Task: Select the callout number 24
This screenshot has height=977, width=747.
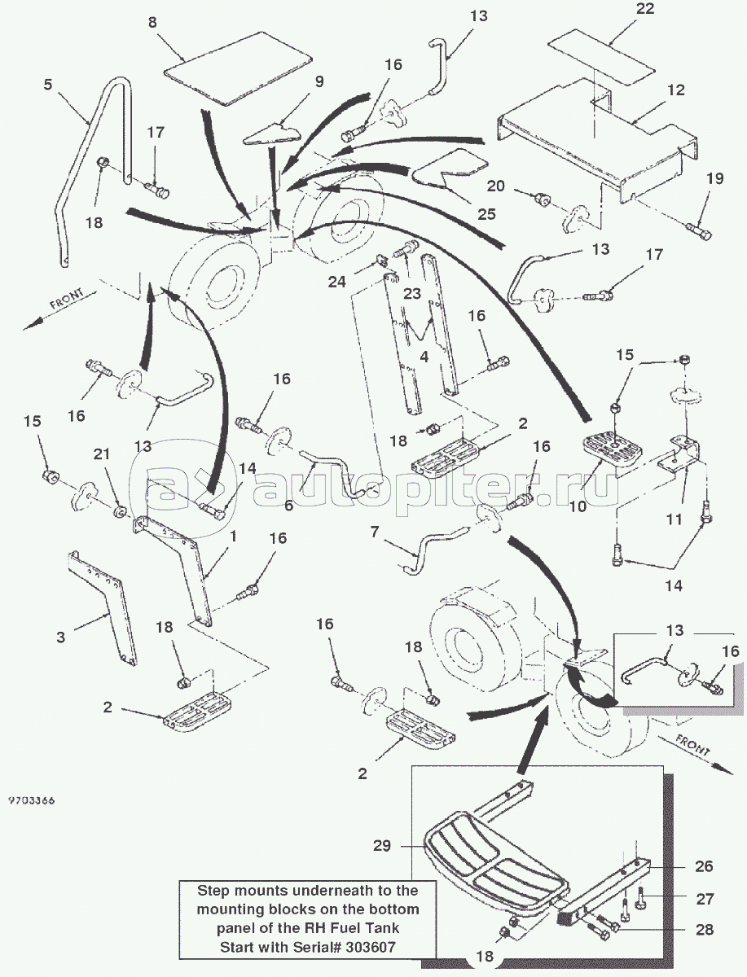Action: pos(360,282)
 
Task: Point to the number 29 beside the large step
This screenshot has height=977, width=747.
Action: pos(383,846)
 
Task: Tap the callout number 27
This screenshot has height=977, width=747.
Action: pos(705,899)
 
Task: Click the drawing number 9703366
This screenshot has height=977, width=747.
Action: pos(32,801)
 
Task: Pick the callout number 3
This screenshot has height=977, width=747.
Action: pos(61,637)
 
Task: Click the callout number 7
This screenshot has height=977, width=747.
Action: pos(374,532)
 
